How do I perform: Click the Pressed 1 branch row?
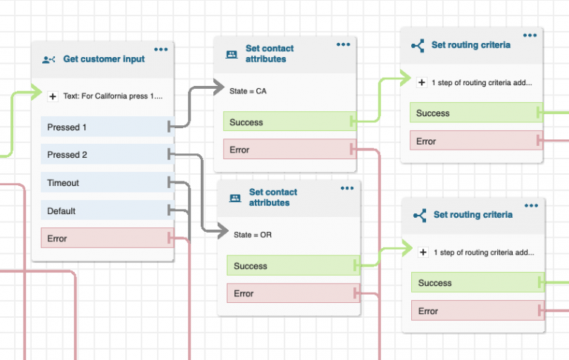click(104, 127)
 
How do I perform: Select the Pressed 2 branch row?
click(104, 155)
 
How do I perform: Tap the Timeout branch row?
click(104, 183)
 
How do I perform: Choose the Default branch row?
click(104, 211)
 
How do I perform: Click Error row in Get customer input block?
click(104, 239)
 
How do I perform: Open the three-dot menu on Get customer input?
click(161, 50)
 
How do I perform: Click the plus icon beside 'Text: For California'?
click(53, 96)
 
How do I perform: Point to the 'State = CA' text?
click(250, 90)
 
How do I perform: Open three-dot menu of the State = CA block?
click(343, 44)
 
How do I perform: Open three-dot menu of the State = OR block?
click(347, 188)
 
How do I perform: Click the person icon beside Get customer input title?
click(49, 59)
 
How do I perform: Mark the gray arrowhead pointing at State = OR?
click(223, 233)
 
